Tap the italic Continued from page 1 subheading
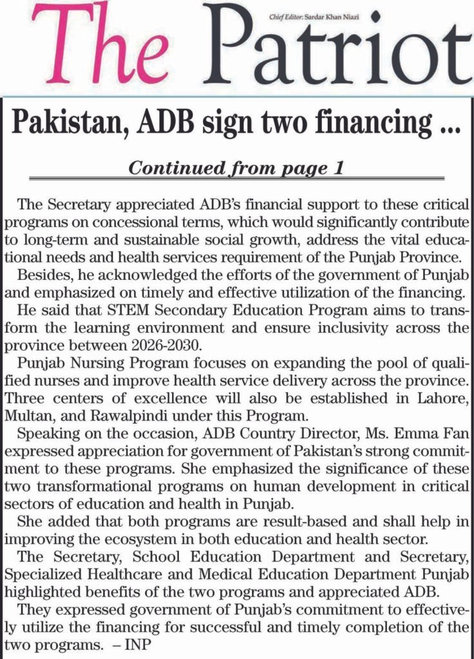pos(236,169)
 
